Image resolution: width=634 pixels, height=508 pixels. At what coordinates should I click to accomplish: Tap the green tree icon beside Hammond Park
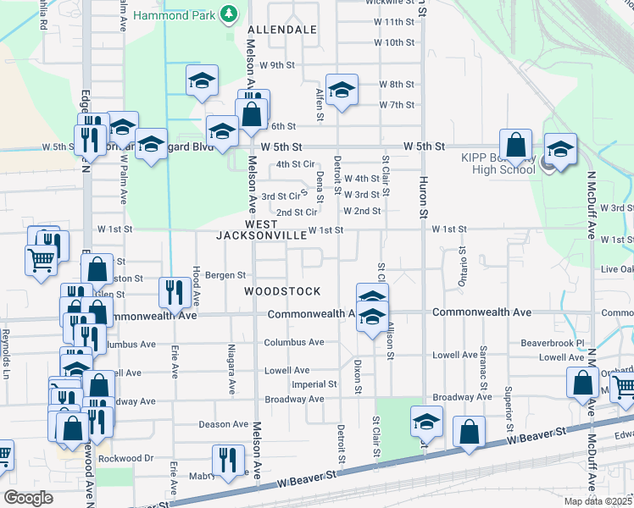(228, 14)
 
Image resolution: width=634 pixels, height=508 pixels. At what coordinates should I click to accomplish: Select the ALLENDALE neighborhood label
(282, 30)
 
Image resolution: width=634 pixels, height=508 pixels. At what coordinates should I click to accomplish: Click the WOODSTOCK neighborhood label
(282, 291)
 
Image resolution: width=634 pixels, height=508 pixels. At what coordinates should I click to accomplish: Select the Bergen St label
(225, 275)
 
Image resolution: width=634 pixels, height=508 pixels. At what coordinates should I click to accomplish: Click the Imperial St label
(314, 384)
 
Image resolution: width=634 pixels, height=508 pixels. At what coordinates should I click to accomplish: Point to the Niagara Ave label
(231, 369)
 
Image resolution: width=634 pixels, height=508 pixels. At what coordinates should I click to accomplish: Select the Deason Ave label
(222, 425)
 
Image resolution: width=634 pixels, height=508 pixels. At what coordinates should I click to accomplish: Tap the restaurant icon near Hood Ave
(174, 292)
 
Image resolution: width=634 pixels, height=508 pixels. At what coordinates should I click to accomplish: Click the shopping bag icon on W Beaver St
(469, 431)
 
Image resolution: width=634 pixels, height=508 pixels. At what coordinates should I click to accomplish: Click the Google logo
(28, 498)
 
